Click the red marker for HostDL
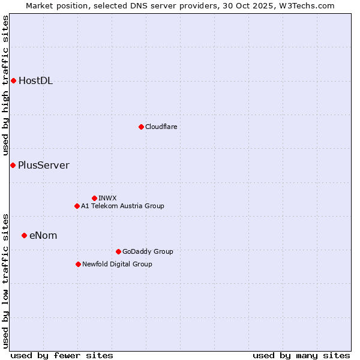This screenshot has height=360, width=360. coord(13,80)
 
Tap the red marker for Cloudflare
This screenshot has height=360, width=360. coord(141,127)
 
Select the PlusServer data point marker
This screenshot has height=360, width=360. coord(13,165)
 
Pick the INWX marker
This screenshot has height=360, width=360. coord(94,198)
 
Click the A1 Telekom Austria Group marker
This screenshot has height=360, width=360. coord(77,206)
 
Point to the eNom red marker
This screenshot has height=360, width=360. coord(24,235)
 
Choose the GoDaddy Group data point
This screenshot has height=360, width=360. coord(118,251)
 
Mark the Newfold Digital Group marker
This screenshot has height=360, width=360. coord(78,264)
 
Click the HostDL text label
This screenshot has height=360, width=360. coord(35,81)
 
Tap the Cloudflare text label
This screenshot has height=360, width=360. coord(161,127)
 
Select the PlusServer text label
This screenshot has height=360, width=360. coord(43,166)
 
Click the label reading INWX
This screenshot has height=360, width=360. coord(107,198)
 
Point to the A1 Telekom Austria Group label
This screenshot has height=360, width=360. coord(122,206)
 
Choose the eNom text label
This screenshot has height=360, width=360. coord(43,236)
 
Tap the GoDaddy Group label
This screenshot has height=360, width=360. coord(148,251)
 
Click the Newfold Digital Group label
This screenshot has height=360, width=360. coord(117,264)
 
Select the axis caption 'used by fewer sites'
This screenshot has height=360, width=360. coord(62,355)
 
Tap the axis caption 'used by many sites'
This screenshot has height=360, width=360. coord(301,355)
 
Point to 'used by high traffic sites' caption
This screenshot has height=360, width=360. coord(6,85)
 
